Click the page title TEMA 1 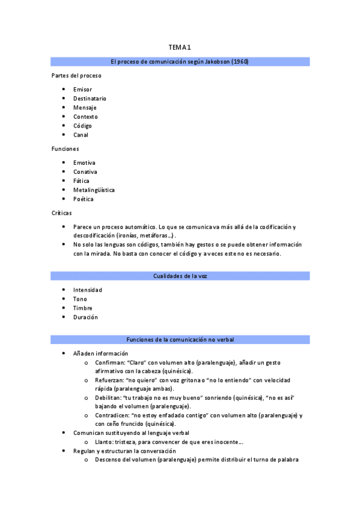point(180,48)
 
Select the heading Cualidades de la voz point(180,276)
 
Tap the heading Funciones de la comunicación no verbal point(180,340)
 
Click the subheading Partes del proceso point(76,76)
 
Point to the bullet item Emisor point(82,90)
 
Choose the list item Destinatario point(90,99)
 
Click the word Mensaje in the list point(85,108)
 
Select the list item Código point(82,126)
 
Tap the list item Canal point(81,135)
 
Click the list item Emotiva point(84,163)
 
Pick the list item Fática point(82,181)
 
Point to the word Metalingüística point(94,190)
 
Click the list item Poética point(84,199)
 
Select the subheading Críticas point(63,213)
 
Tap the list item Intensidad point(88,290)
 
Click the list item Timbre point(83,308)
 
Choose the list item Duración point(85,317)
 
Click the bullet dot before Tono point(64,299)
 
